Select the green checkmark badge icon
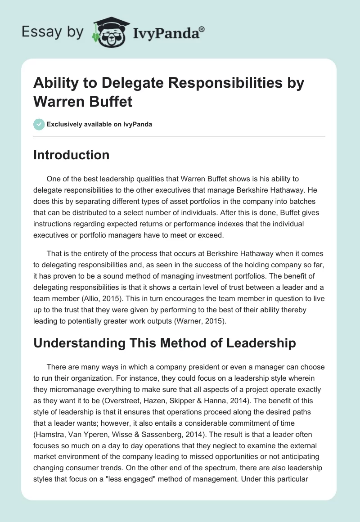(x=39, y=124)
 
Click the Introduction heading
(x=72, y=155)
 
